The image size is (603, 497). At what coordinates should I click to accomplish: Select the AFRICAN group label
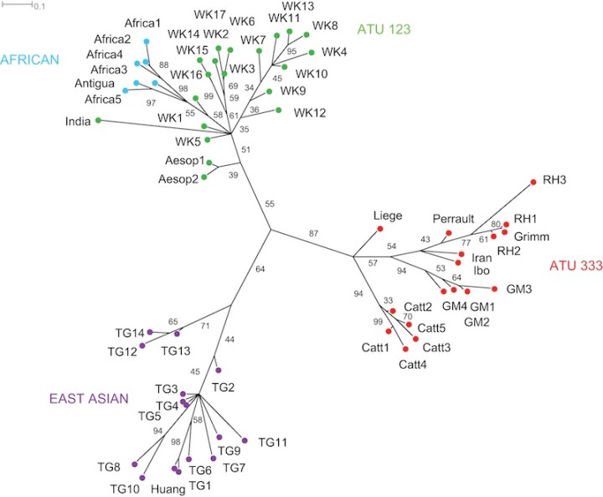(x=29, y=59)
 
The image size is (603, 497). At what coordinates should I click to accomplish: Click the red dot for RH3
(x=533, y=182)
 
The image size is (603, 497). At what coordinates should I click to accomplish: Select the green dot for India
(x=99, y=122)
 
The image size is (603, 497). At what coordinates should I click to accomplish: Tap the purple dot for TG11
(x=245, y=440)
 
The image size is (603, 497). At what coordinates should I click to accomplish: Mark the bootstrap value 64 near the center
(x=237, y=269)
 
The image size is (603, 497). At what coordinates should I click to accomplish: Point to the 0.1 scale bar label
(x=39, y=6)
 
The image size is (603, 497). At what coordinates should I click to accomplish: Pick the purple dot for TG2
(x=218, y=370)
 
